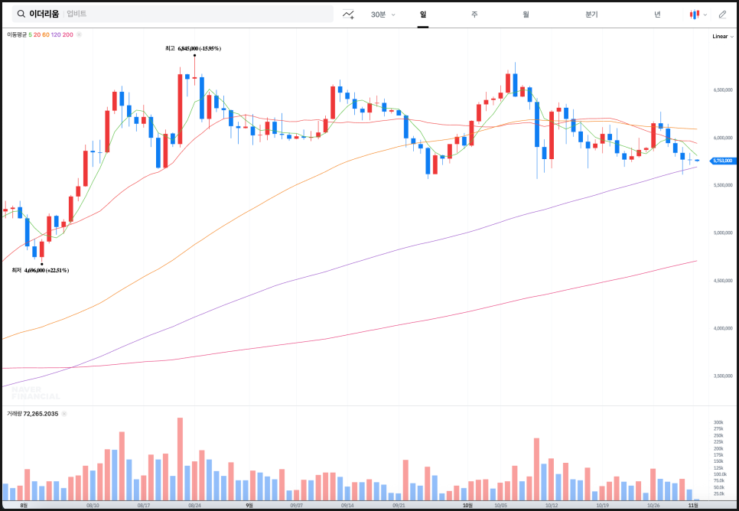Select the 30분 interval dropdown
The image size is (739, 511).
tap(382, 15)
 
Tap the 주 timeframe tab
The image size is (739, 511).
tap(474, 15)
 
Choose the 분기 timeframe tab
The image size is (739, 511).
tap(591, 15)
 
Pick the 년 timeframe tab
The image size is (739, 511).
tap(657, 15)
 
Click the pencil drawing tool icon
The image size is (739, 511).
tap(722, 15)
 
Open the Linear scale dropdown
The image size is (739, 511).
tap(721, 36)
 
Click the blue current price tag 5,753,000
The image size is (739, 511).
tap(722, 161)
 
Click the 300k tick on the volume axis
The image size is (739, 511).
tap(719, 422)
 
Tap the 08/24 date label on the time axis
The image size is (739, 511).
tap(194, 506)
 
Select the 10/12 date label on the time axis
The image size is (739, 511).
tap(551, 506)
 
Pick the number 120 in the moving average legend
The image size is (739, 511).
tap(56, 34)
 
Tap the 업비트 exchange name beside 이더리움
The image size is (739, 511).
tap(77, 14)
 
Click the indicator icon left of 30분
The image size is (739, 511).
tap(348, 15)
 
